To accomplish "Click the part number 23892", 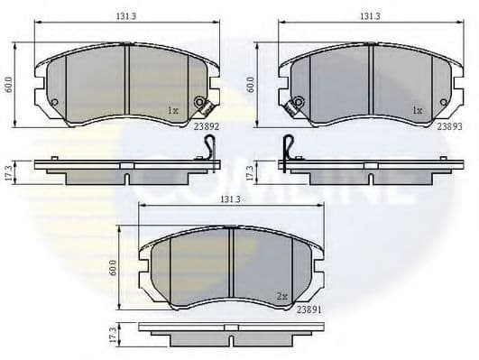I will click(x=205, y=127).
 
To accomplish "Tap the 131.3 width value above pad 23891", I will click(x=230, y=199).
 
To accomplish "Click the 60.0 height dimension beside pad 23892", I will click(x=9, y=83).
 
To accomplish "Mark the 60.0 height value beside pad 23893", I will click(x=251, y=83).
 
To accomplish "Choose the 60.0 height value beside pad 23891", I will click(x=113, y=268).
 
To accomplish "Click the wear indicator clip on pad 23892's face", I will click(x=201, y=105).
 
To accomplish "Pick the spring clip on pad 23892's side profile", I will click(x=209, y=150).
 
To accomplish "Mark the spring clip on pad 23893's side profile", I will click(x=287, y=150).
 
